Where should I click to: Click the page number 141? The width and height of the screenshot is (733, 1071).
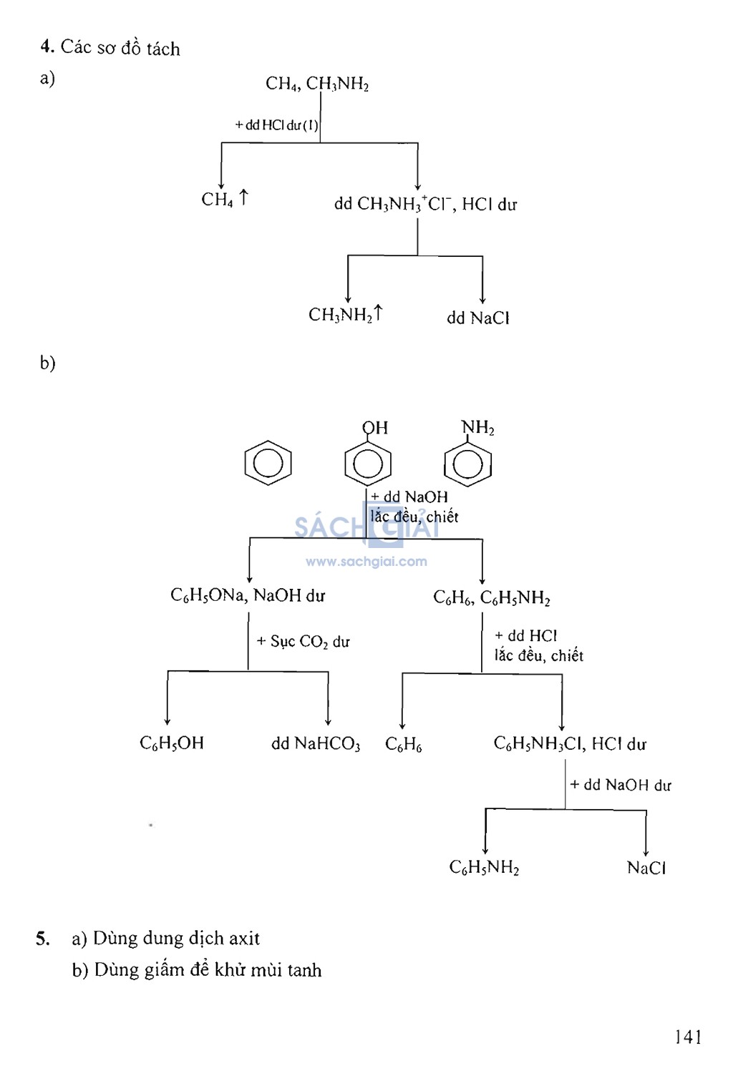point(688,1037)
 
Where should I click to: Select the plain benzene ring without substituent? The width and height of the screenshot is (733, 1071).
point(268,463)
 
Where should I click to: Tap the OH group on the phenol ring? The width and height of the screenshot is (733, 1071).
point(375,428)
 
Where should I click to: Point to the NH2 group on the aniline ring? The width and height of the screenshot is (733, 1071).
point(478,428)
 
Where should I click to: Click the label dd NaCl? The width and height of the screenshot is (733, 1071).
point(477,318)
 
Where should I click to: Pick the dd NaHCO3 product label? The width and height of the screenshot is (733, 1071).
point(316,744)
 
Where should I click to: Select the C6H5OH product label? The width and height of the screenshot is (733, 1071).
point(172,743)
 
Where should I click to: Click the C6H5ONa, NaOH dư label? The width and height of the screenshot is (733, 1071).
point(248,595)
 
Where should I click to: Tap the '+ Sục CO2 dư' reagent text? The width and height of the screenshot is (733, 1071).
point(304,642)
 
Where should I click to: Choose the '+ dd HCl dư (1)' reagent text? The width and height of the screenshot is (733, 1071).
point(276,125)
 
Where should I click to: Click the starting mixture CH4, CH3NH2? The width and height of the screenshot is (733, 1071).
point(317,84)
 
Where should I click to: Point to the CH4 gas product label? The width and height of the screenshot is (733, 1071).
point(223,199)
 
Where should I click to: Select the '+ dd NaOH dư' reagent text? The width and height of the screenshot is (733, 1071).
point(621,785)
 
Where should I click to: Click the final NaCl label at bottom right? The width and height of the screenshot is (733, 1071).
point(646,868)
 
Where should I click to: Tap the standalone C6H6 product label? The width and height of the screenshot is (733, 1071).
point(404,745)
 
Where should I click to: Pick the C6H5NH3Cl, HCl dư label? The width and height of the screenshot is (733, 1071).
point(570,744)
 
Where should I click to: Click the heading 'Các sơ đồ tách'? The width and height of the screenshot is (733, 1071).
point(120,48)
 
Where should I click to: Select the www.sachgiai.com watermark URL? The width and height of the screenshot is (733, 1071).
point(366,562)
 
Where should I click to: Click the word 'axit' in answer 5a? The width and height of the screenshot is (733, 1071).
point(243,938)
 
